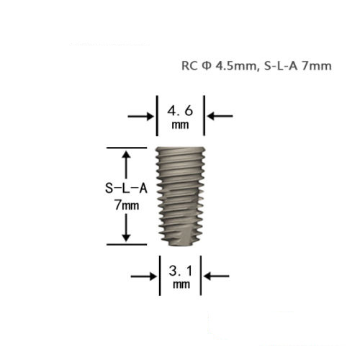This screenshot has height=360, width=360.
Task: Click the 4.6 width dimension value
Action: point(180,111)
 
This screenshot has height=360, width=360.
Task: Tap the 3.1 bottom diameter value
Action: point(181,271)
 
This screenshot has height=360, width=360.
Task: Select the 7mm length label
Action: point(127,205)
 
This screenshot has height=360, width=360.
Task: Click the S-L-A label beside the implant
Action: point(126,188)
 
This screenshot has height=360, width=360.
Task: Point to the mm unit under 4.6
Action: point(180,125)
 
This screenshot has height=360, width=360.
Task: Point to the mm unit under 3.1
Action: point(181,284)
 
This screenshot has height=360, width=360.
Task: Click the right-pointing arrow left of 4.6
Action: point(140,117)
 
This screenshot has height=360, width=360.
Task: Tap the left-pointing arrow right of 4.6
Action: point(220,116)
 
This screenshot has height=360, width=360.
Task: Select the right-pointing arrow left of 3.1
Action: point(144,276)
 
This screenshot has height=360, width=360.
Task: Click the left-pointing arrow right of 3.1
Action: point(217,276)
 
